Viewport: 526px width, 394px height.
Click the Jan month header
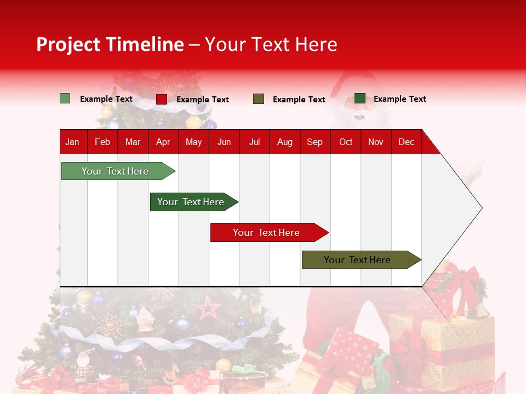coord(72,142)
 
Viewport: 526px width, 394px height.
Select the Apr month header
coord(163,142)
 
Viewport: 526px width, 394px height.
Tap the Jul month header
coord(254,142)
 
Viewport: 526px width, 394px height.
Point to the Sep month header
coord(315,142)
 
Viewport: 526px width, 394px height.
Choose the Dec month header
coord(406,142)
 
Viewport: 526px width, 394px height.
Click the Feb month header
coord(102,142)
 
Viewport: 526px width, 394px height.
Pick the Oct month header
coord(346,142)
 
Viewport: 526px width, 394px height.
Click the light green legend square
coord(65,99)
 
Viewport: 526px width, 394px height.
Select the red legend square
coord(162,99)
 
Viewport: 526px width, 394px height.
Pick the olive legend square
coord(259,99)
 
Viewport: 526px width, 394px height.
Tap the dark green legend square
coord(360,99)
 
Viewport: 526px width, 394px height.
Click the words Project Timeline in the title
coord(110,44)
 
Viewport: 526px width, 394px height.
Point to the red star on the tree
coord(208,308)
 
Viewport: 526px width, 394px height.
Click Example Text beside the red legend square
coord(203,100)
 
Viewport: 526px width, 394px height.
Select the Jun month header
coord(224,142)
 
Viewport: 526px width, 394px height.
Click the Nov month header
coord(376,142)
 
